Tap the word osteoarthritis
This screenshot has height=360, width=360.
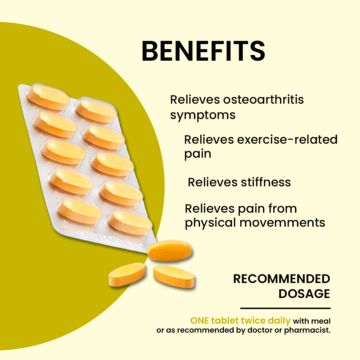coord(263,100)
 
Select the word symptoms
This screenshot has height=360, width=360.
coord(203,115)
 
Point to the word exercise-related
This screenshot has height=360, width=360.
coord(287,139)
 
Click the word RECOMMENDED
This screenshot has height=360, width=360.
coord(282,279)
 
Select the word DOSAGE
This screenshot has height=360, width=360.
coord(304,294)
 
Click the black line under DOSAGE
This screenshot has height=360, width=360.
coord(285,308)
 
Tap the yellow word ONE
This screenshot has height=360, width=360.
coord(200,321)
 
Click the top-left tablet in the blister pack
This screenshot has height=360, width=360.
coord(48,97)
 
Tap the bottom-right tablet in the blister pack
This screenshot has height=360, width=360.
coord(130,223)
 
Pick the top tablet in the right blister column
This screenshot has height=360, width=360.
coord(96,111)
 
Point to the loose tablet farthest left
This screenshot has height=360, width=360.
coord(127,274)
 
